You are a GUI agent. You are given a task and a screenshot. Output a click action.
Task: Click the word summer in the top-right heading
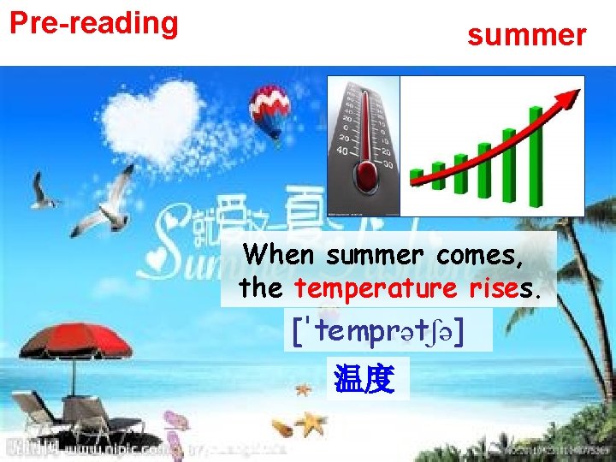click(x=526, y=35)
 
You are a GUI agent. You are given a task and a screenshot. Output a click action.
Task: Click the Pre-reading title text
click(x=94, y=23)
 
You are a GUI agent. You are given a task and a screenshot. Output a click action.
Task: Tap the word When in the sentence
click(x=281, y=255)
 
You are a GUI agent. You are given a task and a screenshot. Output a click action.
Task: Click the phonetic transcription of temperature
click(x=390, y=330)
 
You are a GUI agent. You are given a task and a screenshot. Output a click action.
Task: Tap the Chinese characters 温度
click(x=364, y=379)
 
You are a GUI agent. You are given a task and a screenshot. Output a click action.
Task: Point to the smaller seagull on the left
click(x=44, y=192)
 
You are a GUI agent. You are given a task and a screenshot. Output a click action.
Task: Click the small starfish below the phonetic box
click(x=302, y=389)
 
